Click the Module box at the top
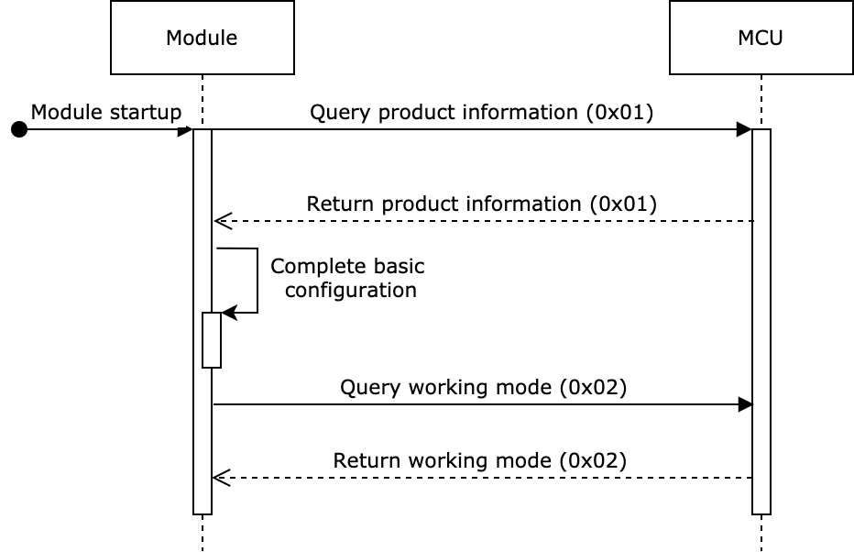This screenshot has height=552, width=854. point(202,38)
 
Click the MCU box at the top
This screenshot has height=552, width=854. point(761,38)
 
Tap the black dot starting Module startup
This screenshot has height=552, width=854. point(19,130)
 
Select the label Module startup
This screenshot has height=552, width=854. point(106,112)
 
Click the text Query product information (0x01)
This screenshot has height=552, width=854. point(481,112)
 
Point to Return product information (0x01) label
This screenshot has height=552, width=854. point(481,204)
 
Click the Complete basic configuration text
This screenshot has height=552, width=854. point(348,278)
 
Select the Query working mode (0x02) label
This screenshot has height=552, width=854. point(483,387)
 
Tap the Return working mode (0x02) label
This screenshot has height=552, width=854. point(481,460)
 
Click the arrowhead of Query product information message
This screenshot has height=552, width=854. point(745,130)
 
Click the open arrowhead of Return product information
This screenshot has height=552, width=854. point(220,221)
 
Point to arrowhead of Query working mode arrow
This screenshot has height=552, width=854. point(745,404)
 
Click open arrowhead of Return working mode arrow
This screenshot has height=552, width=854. point(218,478)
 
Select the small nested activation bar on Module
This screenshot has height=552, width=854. point(212,341)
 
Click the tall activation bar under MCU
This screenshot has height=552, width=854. point(761,321)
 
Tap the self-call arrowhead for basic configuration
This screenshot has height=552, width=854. point(229,313)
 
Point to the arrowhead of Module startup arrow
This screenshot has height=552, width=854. point(186,130)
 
